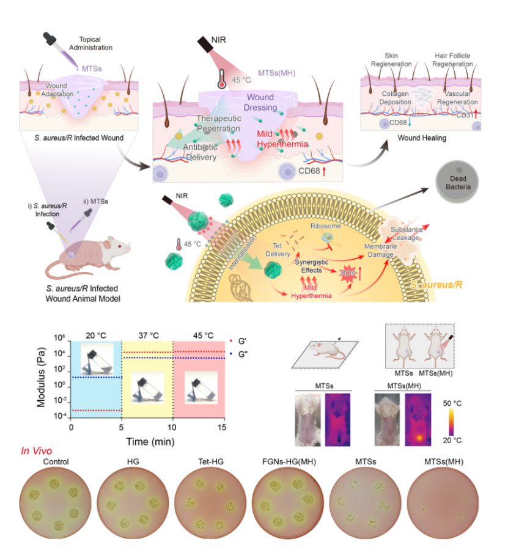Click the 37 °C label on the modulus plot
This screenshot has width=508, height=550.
[147, 335]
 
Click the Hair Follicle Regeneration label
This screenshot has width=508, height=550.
[452, 60]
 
